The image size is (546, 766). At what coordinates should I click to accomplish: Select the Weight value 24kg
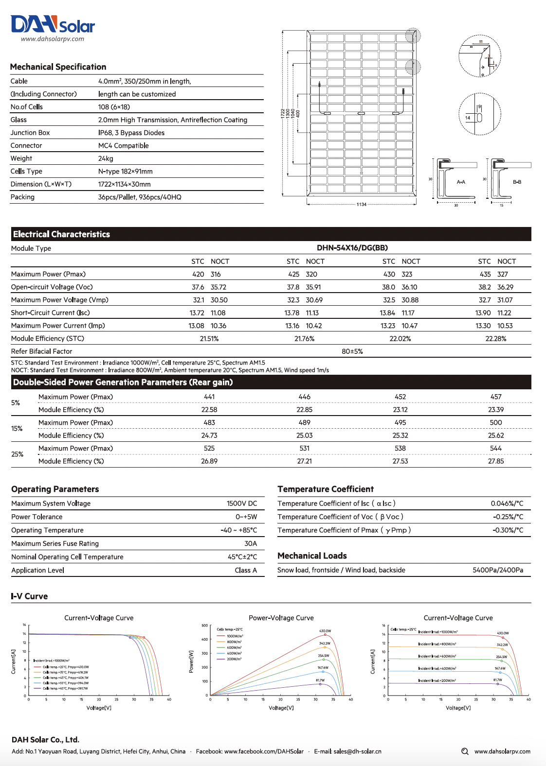[106, 158]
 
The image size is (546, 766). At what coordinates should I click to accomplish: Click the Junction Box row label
[30, 133]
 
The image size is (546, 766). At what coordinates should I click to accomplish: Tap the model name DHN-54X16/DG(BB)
[352, 248]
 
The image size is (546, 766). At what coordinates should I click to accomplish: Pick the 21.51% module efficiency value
[209, 339]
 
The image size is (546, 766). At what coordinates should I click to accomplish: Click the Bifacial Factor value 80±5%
[352, 351]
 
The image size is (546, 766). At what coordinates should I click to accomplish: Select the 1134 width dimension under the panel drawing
[362, 205]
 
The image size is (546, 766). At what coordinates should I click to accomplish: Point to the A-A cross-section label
[461, 182]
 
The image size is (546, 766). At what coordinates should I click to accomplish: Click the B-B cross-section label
[517, 182]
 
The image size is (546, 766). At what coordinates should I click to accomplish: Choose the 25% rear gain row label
[18, 454]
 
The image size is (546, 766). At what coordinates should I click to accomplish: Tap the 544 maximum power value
[496, 448]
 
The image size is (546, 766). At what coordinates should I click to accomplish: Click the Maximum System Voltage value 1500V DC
[242, 504]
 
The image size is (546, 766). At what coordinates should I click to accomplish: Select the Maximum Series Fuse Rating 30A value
[251, 543]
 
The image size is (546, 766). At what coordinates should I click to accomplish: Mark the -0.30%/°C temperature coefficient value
[508, 530]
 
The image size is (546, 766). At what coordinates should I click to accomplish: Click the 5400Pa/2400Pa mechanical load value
[498, 570]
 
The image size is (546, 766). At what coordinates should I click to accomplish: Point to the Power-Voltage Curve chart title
[281, 618]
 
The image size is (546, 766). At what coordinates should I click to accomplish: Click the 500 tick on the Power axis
[205, 626]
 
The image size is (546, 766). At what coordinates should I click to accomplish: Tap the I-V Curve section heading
[30, 596]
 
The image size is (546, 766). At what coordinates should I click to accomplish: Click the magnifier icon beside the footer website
[465, 751]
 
